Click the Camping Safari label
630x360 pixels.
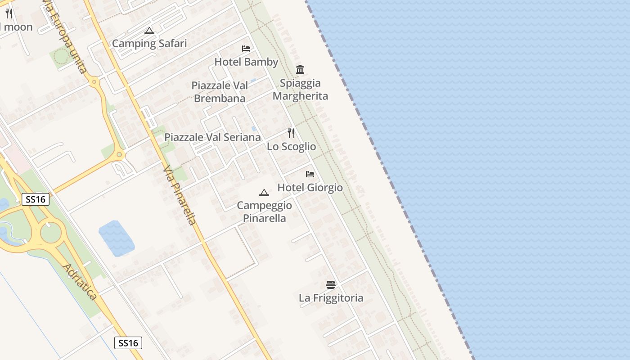pyautogui.click(x=149, y=44)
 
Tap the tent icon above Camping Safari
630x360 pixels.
pyautogui.click(x=149, y=31)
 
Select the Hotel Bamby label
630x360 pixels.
pyautogui.click(x=246, y=62)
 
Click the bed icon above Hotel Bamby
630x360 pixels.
pyautogui.click(x=246, y=49)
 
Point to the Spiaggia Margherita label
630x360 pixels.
pyautogui.click(x=300, y=90)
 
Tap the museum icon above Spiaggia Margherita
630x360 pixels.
pyautogui.click(x=300, y=69)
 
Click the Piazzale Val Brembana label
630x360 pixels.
pyautogui.click(x=220, y=92)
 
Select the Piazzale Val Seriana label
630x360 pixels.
pyautogui.click(x=212, y=137)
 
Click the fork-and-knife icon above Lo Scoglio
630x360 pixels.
pyautogui.click(x=291, y=133)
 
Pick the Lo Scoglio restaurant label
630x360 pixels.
pyautogui.click(x=291, y=147)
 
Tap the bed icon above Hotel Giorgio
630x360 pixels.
pyautogui.click(x=310, y=174)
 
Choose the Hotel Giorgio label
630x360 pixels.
pyautogui.click(x=310, y=188)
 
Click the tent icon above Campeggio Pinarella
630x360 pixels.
pyautogui.click(x=264, y=193)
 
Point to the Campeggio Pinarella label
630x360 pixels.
pyautogui.click(x=264, y=211)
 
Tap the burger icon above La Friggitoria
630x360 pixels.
pyautogui.click(x=331, y=285)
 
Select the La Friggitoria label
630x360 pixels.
pyautogui.click(x=331, y=298)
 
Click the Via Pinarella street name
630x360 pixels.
pyautogui.click(x=180, y=195)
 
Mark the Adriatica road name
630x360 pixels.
pyautogui.click(x=80, y=282)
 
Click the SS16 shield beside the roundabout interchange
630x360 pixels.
pyautogui.click(x=36, y=199)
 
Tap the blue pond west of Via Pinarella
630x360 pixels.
pyautogui.click(x=116, y=237)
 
